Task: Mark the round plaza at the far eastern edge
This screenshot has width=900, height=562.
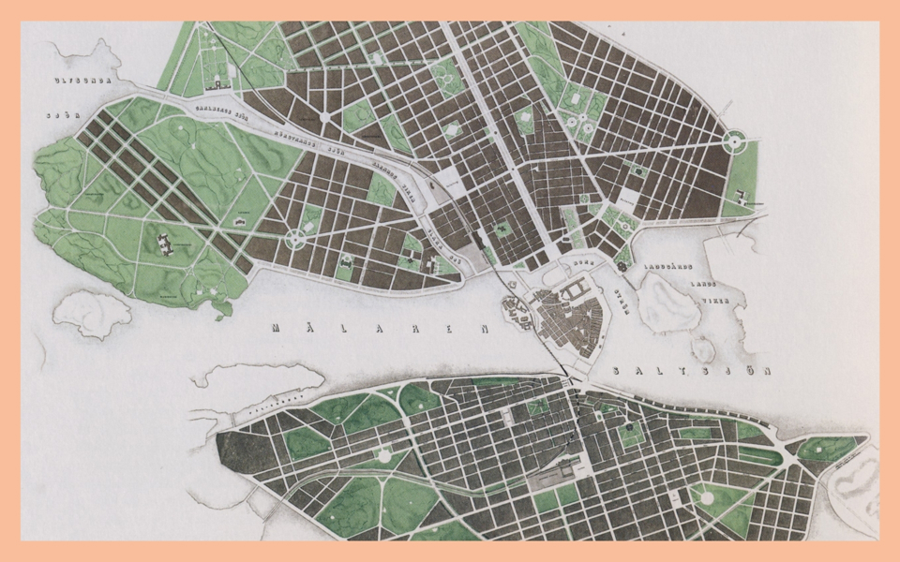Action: tap(736, 141)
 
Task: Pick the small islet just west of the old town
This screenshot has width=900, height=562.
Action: tap(513, 308)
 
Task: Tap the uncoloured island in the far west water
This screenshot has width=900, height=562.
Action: tap(92, 312)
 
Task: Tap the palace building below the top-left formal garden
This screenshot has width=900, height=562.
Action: tap(221, 84)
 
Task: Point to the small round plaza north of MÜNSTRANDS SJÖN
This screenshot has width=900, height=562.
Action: tap(324, 118)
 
